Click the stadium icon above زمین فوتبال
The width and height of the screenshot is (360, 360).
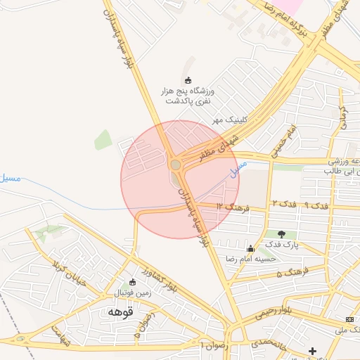click(x=132, y=282)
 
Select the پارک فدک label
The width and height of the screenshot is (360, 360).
click(x=282, y=245)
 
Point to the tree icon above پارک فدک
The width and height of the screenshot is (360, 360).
click(x=282, y=234)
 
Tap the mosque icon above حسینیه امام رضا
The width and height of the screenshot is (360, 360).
click(x=251, y=248)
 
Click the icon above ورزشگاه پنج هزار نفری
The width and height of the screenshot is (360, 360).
click(x=187, y=80)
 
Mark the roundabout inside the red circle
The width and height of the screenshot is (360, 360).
click(x=175, y=165)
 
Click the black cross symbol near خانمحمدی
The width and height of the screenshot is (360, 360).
click(x=312, y=350)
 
